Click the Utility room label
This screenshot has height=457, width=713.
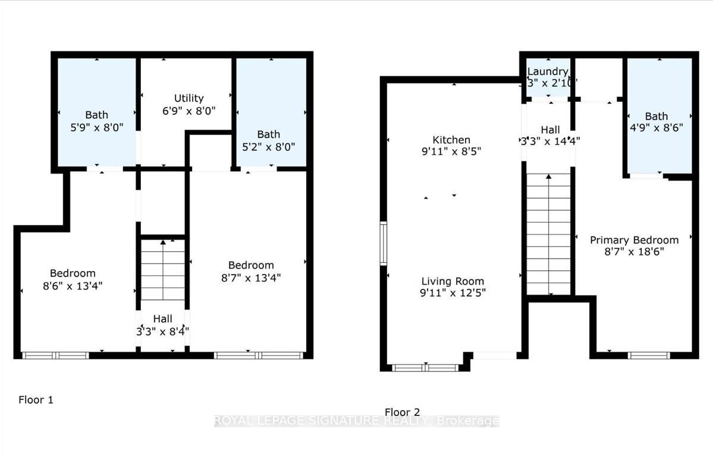click(189, 98)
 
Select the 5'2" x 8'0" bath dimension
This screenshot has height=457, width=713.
click(269, 146)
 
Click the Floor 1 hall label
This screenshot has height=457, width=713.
click(162, 319)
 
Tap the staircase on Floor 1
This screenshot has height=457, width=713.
click(163, 270)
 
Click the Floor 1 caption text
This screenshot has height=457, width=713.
click(36, 400)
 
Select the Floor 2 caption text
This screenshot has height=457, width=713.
click(402, 412)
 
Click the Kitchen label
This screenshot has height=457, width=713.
click(451, 140)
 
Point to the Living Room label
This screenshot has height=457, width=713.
click(453, 281)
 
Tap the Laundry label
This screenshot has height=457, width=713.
click(548, 72)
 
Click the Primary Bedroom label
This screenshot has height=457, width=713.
click(634, 240)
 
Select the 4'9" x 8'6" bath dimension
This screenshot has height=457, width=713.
click(657, 127)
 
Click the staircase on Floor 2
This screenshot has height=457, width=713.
click(548, 235)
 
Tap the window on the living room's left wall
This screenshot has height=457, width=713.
click(384, 243)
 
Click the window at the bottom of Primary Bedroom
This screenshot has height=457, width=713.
click(649, 355)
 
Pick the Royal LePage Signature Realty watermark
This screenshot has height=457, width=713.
click(356, 421)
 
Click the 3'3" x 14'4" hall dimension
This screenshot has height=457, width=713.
click(550, 141)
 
